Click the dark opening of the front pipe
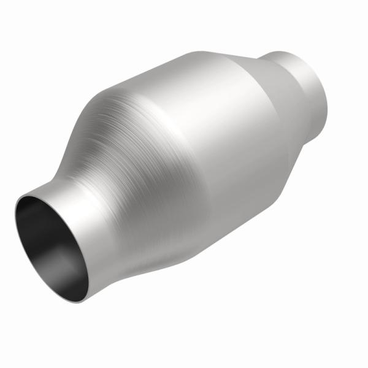[x=52, y=245]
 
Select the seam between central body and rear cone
[x=258, y=110]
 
